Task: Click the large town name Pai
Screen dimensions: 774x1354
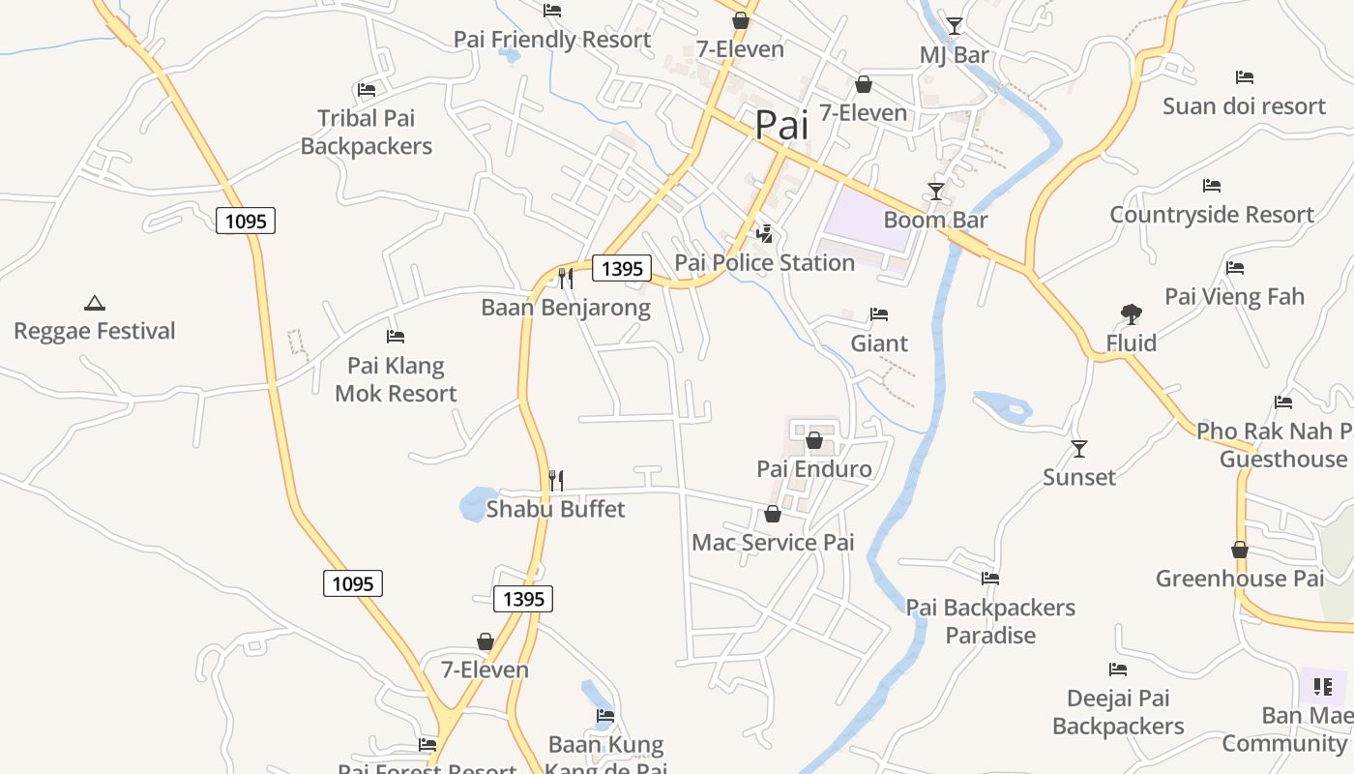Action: click(x=780, y=125)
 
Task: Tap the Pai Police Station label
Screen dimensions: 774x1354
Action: click(x=764, y=262)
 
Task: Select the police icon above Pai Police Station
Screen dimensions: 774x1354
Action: click(x=765, y=233)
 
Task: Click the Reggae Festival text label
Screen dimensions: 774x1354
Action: click(x=95, y=331)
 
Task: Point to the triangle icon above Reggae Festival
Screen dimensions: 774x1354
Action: click(x=95, y=303)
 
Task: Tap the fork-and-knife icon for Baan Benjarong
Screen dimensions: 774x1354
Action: click(x=566, y=279)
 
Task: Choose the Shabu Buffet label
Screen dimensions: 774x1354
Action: click(x=555, y=509)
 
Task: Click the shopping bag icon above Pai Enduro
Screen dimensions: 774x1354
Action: click(x=814, y=440)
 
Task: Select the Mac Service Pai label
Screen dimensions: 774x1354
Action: click(x=773, y=542)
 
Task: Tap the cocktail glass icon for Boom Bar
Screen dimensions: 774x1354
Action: click(x=936, y=191)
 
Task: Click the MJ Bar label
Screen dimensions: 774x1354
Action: click(x=954, y=55)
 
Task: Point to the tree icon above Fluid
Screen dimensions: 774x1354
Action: click(x=1131, y=313)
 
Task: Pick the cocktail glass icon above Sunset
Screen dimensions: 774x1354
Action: click(x=1079, y=448)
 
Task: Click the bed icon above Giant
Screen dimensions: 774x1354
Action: click(x=879, y=314)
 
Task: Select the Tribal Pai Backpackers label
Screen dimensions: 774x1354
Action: click(x=367, y=133)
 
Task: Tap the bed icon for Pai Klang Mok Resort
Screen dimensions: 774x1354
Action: click(x=396, y=337)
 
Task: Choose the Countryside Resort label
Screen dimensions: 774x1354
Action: click(x=1212, y=215)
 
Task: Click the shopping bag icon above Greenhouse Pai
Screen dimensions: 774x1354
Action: click(x=1240, y=550)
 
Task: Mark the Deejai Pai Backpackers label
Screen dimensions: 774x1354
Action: click(x=1118, y=712)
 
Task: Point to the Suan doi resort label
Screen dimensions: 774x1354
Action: click(x=1244, y=105)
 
